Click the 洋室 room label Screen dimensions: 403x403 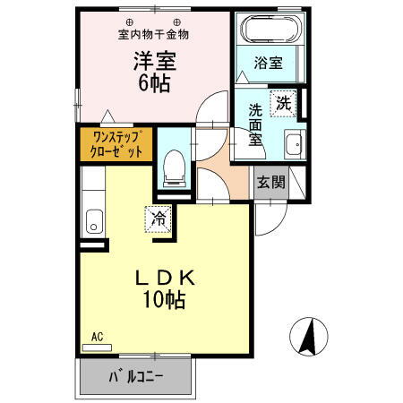(154, 64)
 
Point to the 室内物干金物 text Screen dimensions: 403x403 (153, 36)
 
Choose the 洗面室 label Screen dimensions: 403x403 (255, 124)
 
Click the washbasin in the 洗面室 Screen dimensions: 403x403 (293, 148)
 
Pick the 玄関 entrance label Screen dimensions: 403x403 (271, 183)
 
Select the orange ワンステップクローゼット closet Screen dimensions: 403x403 (116, 144)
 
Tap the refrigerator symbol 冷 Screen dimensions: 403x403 (159, 218)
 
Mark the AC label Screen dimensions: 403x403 (97, 337)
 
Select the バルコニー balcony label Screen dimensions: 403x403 (136, 377)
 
